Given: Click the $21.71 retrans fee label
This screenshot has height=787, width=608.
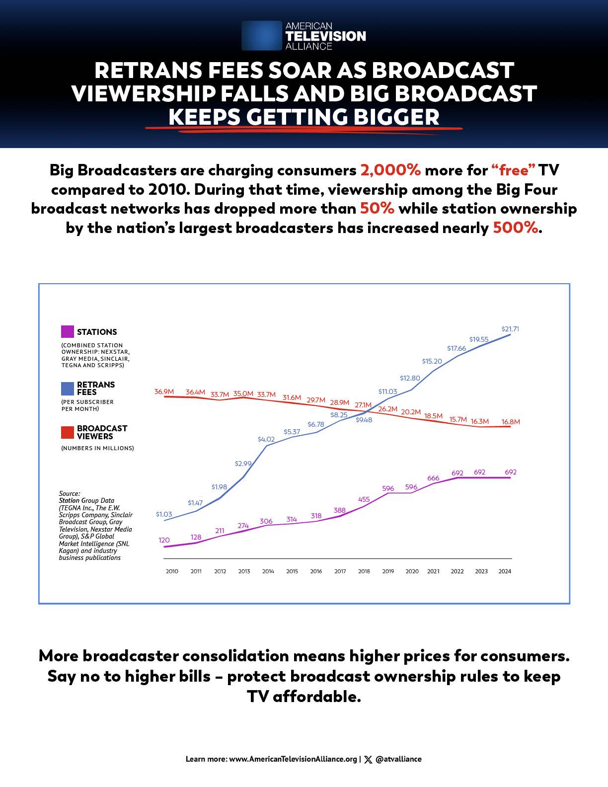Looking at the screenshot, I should [510, 329].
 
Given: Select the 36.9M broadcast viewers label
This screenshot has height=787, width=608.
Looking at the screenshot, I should [164, 392].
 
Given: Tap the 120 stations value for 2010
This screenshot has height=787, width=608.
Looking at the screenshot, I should [164, 540].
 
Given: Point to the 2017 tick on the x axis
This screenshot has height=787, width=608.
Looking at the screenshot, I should [340, 571].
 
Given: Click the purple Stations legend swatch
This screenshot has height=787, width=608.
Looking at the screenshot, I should [68, 332].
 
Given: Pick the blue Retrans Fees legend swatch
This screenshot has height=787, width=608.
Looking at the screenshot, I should [68, 389].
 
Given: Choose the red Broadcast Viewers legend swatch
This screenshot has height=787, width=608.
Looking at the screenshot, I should [68, 432].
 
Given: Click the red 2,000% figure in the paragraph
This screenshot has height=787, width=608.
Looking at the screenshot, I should [390, 170].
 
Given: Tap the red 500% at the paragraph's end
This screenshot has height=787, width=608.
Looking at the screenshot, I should [516, 228].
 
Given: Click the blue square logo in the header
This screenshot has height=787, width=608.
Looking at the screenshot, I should [261, 35].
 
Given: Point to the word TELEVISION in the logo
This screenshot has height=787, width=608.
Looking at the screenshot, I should [325, 36].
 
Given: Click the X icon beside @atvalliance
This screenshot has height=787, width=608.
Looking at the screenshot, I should [368, 759].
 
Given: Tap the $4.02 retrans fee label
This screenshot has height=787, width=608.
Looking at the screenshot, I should [266, 439].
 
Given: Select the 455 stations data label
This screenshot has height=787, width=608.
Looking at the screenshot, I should [364, 499].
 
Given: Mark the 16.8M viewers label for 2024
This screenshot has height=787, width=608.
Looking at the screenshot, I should [511, 422].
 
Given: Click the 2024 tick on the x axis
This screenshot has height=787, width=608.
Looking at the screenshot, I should [505, 571].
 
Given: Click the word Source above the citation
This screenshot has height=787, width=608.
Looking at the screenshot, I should [69, 494].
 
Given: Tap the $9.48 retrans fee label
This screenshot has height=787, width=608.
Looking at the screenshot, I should [364, 420].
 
